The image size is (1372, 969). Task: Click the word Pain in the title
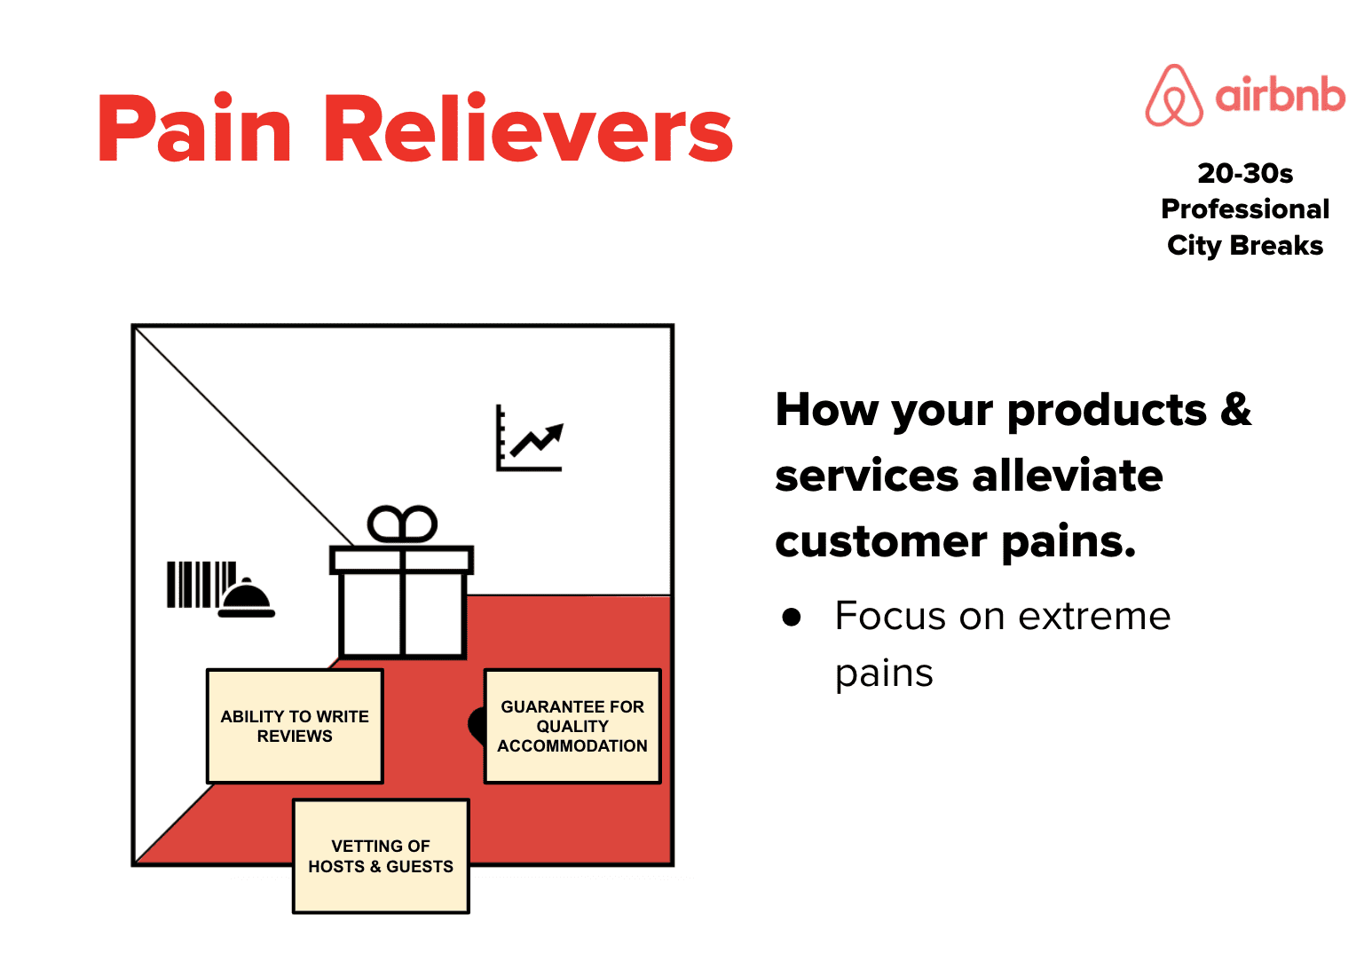[x=194, y=130]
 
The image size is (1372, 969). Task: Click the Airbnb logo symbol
[x=1173, y=96]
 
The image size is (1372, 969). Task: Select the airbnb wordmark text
[x=1280, y=95]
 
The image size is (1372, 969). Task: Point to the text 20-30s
[x=1244, y=173]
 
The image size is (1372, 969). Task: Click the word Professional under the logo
[x=1244, y=209]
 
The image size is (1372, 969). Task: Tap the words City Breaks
[x=1244, y=245]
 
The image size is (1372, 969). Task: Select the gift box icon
[x=401, y=595]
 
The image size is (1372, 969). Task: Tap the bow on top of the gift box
[x=402, y=524]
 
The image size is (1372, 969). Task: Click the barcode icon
[x=201, y=584]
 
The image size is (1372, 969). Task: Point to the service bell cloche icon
[x=247, y=598]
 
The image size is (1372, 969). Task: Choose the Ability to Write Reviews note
[x=295, y=726]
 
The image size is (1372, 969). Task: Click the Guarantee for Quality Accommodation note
[x=572, y=726]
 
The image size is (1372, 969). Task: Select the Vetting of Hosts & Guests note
[x=381, y=855]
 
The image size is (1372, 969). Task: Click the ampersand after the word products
[x=1235, y=410]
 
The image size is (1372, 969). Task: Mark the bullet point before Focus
[x=792, y=617]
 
